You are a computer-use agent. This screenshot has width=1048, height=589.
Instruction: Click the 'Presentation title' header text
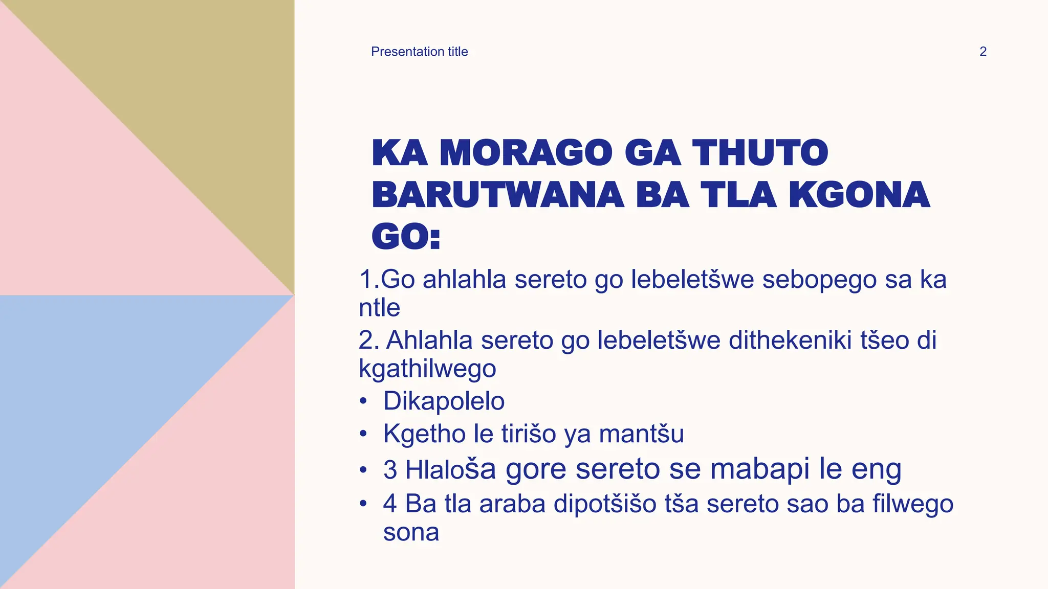click(419, 52)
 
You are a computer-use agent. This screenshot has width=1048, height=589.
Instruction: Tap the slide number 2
click(982, 52)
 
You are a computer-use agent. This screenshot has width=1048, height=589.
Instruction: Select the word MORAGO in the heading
click(526, 153)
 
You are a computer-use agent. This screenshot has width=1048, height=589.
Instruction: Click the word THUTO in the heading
click(760, 153)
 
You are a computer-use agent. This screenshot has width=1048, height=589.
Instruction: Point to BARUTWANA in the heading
click(497, 195)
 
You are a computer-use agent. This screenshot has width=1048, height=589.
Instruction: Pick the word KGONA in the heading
click(859, 195)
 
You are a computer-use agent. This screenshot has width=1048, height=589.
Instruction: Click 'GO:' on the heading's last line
click(406, 237)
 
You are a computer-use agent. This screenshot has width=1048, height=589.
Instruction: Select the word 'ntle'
click(379, 308)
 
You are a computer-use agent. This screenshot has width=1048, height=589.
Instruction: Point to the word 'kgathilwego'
click(427, 369)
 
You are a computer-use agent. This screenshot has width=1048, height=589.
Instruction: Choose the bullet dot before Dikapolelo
click(363, 401)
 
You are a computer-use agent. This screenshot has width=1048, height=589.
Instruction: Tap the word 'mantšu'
click(641, 434)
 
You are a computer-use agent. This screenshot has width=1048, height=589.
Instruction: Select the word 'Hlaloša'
click(450, 469)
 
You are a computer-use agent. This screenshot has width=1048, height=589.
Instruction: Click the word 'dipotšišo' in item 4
click(605, 504)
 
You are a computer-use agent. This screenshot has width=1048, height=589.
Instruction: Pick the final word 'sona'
click(411, 532)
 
